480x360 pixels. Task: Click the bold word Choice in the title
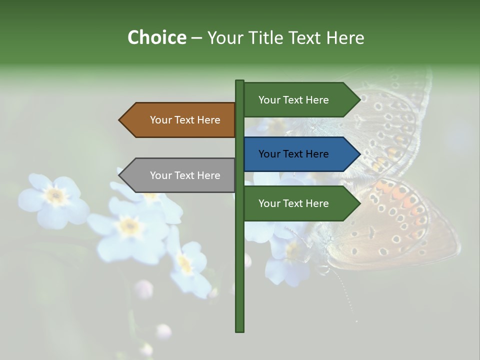tap(156, 37)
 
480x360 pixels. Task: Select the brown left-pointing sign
tap(180, 120)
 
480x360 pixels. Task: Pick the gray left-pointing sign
tap(180, 175)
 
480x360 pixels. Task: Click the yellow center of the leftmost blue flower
tap(55, 195)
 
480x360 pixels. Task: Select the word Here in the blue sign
tap(317, 154)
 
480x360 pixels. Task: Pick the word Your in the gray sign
tap(160, 175)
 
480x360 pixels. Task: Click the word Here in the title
tap(345, 38)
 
